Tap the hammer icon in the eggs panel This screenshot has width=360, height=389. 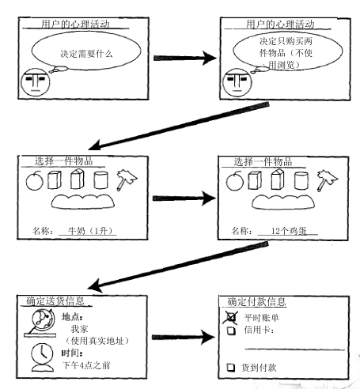(327, 180)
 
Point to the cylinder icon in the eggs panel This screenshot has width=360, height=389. (301, 179)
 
